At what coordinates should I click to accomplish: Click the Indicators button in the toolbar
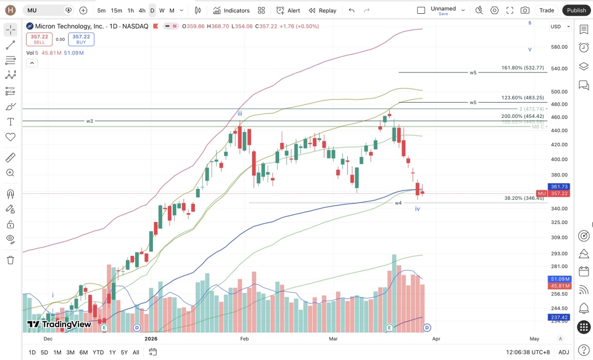pyautogui.click(x=231, y=10)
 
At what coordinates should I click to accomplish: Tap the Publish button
pyautogui.click(x=576, y=10)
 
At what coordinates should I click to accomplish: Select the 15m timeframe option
pyautogui.click(x=116, y=10)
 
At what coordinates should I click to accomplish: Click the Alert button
pyautogui.click(x=288, y=10)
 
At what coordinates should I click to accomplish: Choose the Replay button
pyautogui.click(x=323, y=10)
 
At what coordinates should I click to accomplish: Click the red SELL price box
pyautogui.click(x=39, y=39)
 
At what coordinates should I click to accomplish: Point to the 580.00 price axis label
pyautogui.click(x=559, y=47)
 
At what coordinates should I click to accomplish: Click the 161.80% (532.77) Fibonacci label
pyautogui.click(x=522, y=68)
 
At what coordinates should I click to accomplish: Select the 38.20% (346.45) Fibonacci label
pyautogui.click(x=524, y=198)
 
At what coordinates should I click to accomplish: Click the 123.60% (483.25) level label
pyautogui.click(x=522, y=98)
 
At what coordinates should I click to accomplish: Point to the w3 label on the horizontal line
pyautogui.click(x=90, y=121)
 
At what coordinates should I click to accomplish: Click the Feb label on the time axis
pyautogui.click(x=244, y=339)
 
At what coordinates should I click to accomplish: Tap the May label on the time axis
pyautogui.click(x=534, y=339)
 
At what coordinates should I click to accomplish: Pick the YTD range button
pyautogui.click(x=98, y=352)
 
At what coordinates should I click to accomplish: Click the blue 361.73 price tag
pyautogui.click(x=559, y=187)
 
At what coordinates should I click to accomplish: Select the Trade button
pyautogui.click(x=547, y=10)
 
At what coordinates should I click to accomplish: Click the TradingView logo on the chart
pyautogui.click(x=59, y=324)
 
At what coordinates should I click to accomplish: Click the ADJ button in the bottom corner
pyautogui.click(x=563, y=352)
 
